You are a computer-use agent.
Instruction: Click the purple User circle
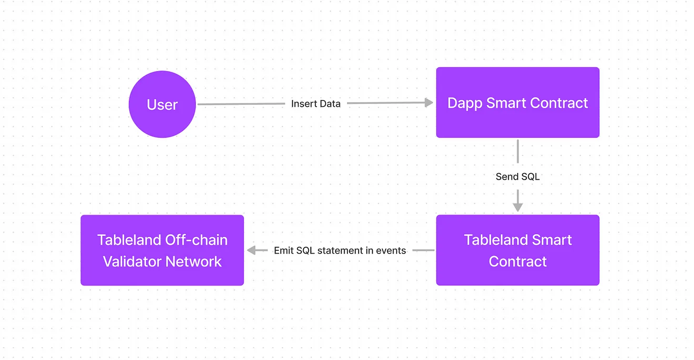pos(162,104)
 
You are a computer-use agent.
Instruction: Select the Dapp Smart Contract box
pos(518,102)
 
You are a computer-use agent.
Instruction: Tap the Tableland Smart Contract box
pos(518,250)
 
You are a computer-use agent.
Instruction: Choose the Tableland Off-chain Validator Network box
pos(162,250)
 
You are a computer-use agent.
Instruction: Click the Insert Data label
pos(316,103)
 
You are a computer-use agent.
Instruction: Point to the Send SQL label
pos(518,176)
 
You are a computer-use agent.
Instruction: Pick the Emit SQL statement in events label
pos(340,250)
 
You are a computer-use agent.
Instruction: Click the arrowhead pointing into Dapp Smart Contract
pos(429,103)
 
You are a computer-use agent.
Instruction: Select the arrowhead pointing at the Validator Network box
pos(251,250)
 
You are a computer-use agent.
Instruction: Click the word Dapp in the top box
pos(464,103)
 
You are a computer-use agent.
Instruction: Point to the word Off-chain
pos(196,240)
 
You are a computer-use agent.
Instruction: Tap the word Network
pos(194,261)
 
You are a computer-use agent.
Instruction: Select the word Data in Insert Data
pos(330,103)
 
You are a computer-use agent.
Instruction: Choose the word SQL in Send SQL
pos(531,176)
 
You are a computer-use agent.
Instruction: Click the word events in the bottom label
pos(391,250)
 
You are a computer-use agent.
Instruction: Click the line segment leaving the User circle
pos(241,104)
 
